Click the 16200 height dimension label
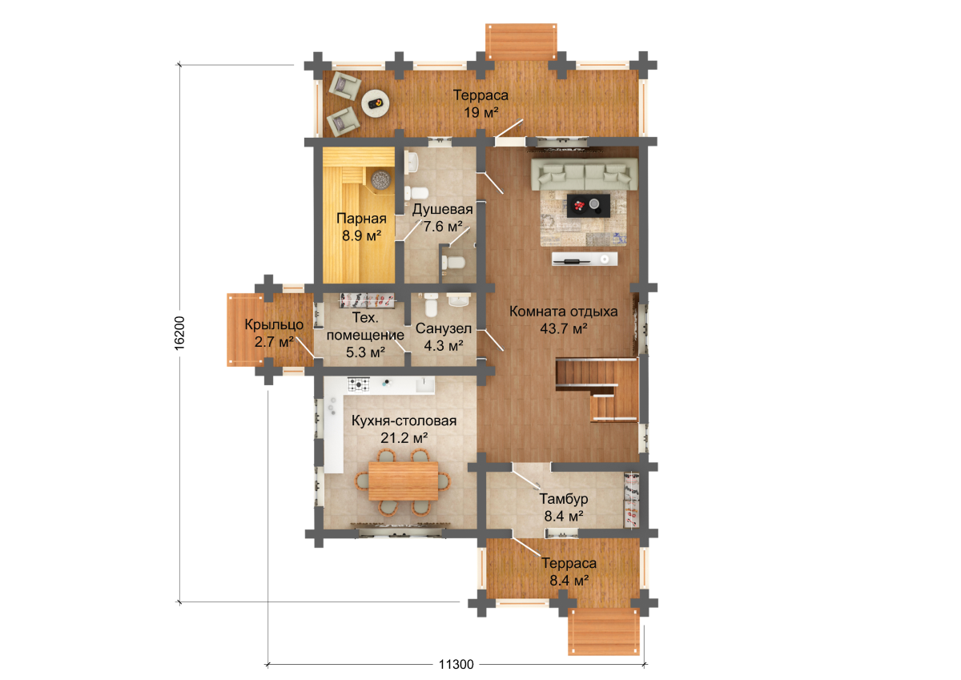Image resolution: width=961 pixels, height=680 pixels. (179, 333)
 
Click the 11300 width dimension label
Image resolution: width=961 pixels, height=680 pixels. (456, 665)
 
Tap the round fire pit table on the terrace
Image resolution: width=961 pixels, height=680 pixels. (376, 103)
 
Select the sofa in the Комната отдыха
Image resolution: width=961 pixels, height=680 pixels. (585, 174)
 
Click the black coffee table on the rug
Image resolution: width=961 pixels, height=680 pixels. (589, 206)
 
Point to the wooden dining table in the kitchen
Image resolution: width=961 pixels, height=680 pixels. (404, 481)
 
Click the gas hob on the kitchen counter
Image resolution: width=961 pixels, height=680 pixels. (359, 384)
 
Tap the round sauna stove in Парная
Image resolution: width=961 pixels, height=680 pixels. (380, 179)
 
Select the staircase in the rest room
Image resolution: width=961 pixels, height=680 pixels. (597, 389)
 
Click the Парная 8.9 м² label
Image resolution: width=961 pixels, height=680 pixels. (362, 227)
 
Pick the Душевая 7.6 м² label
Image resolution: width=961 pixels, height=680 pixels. (443, 218)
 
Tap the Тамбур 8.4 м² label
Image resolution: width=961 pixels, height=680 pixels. (564, 507)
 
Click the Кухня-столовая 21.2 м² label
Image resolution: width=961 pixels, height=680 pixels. (404, 429)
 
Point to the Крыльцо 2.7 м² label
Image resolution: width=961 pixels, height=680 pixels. (274, 333)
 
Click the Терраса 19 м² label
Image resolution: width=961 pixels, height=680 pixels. (481, 103)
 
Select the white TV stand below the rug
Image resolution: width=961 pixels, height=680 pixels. (585, 259)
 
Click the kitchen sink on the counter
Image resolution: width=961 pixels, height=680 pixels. (424, 384)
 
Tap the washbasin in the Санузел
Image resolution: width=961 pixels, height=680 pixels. (459, 300)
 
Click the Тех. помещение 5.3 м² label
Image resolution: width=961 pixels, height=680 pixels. (365, 335)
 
